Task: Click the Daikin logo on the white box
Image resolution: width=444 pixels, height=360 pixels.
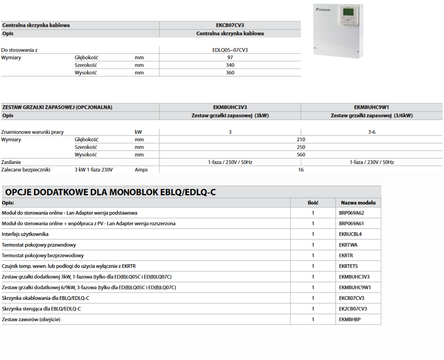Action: [x=323, y=9]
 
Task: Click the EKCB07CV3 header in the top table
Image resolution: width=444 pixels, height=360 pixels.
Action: [x=230, y=25]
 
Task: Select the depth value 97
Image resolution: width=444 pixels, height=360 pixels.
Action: [x=230, y=57]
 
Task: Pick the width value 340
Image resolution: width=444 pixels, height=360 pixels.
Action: [x=230, y=65]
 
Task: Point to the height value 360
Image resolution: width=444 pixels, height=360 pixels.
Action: [x=230, y=73]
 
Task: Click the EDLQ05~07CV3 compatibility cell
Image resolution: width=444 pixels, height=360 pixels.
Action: [x=230, y=50]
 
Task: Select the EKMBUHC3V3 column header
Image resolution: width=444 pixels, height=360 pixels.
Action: [x=230, y=107]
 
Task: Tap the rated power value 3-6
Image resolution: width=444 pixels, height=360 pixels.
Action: [x=372, y=132]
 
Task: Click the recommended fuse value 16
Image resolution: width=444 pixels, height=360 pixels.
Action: [x=301, y=170]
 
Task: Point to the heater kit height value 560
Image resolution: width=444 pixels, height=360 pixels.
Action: [x=301, y=155]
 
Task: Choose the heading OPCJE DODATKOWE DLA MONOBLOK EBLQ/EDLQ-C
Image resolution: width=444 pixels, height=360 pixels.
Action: [x=111, y=192]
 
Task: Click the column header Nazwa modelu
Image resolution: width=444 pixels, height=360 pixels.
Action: [x=358, y=203]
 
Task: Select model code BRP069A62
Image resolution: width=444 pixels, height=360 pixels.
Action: [x=351, y=213]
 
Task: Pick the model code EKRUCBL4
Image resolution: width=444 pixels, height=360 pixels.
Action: [x=350, y=234]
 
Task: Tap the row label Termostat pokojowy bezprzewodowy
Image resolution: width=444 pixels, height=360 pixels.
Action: [x=43, y=256]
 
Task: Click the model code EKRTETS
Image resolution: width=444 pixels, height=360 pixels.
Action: [x=348, y=266]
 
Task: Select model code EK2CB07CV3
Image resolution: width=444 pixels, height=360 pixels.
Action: [x=353, y=309]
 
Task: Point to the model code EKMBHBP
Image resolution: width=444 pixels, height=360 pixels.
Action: [x=349, y=320]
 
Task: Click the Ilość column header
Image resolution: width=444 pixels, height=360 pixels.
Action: [x=313, y=203]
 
